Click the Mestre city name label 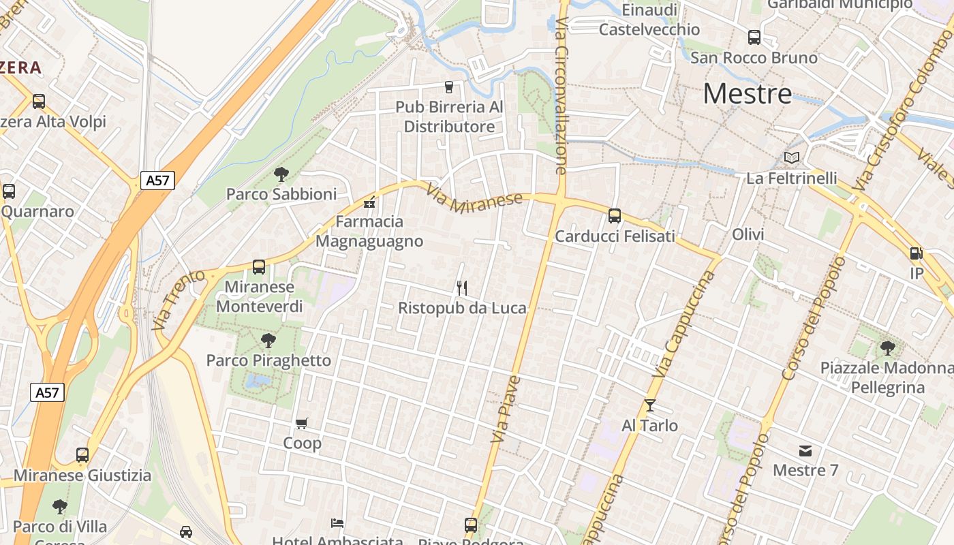click(x=747, y=93)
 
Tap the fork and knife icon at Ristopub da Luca click(x=462, y=288)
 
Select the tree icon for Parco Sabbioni click(x=281, y=174)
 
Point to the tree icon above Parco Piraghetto click(x=268, y=341)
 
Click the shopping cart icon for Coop click(x=302, y=424)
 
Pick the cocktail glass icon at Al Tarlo click(x=649, y=405)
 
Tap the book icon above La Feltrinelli click(x=791, y=158)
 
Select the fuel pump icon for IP click(x=916, y=253)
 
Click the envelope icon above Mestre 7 click(x=805, y=450)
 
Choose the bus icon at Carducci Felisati click(x=615, y=216)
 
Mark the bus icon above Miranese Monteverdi click(x=259, y=267)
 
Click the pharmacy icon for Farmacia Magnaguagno click(x=369, y=202)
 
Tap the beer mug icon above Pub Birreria click(x=448, y=87)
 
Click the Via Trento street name click(x=179, y=300)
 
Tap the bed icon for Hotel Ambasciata click(x=337, y=523)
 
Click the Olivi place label click(x=748, y=234)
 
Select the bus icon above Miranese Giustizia click(x=82, y=455)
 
